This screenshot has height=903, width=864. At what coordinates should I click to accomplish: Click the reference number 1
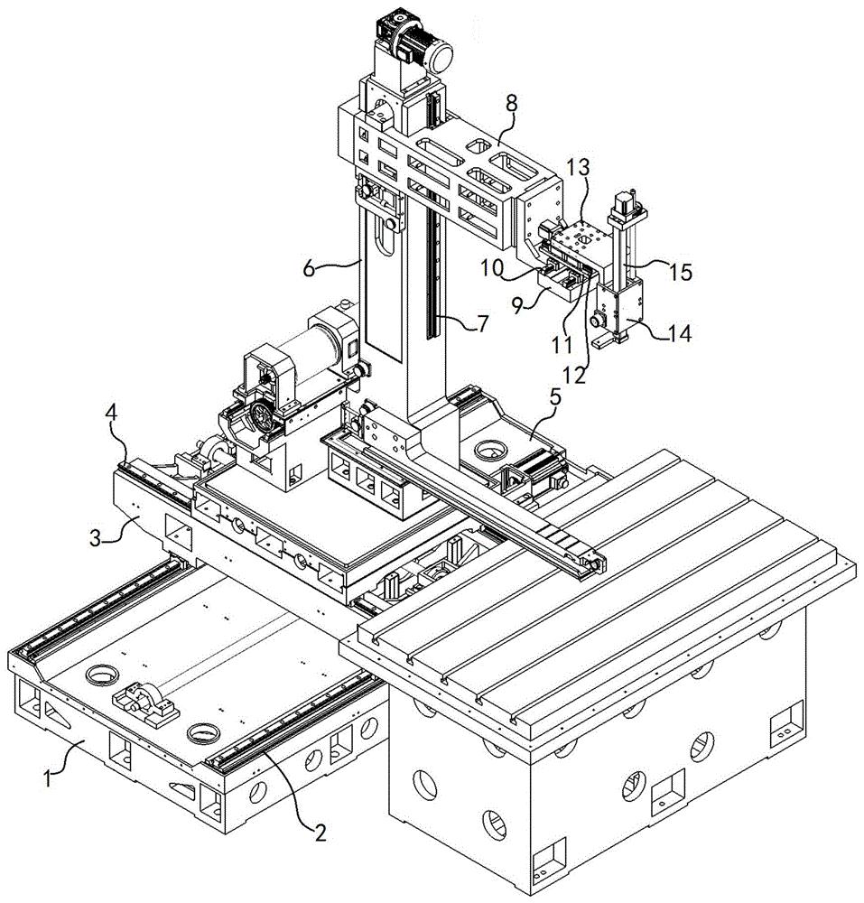[x=49, y=779]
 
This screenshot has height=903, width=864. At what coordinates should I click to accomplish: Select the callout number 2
[x=320, y=832]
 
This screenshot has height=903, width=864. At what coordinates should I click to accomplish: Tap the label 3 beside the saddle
[x=96, y=540]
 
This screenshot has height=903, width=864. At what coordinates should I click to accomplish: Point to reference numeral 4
[x=112, y=413]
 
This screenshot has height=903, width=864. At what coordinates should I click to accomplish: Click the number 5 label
[x=554, y=396]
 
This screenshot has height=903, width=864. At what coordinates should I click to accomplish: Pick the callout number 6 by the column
[x=309, y=268]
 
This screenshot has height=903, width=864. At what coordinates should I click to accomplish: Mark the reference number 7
[x=482, y=323]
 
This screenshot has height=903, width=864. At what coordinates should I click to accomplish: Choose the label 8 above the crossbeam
[x=511, y=104]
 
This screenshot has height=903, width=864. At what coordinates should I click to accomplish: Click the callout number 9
[x=518, y=305]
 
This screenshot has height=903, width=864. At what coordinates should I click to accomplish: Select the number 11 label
[x=562, y=345]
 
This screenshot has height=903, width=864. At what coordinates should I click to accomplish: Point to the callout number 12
[x=576, y=376]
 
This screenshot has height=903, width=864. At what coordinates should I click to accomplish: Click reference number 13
[x=577, y=168]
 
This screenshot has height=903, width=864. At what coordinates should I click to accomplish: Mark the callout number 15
[x=681, y=273]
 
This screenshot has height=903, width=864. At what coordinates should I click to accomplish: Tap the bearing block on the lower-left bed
[x=144, y=702]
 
